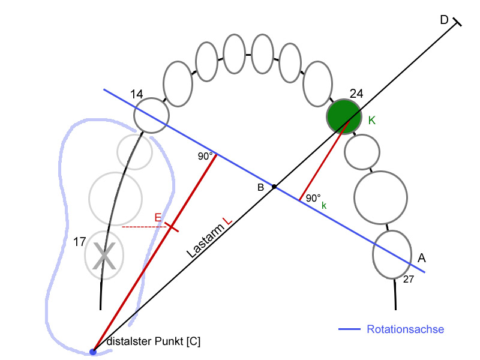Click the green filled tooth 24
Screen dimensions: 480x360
(x=344, y=116)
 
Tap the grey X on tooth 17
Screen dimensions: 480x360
(x=104, y=256)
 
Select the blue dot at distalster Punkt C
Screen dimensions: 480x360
(x=93, y=352)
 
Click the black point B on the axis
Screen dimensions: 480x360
(x=274, y=187)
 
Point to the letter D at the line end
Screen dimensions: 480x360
(x=444, y=20)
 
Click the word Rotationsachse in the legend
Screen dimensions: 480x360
(x=406, y=329)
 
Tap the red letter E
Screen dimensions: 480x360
(x=158, y=218)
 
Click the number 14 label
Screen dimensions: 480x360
(x=137, y=94)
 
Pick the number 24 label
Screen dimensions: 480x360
(x=356, y=94)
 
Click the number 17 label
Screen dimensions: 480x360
(x=80, y=242)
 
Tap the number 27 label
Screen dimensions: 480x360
(x=409, y=279)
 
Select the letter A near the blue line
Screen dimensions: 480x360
(x=422, y=259)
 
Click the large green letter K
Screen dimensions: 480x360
(x=371, y=121)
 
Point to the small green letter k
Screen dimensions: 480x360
(x=324, y=205)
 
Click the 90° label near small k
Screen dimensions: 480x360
(x=313, y=198)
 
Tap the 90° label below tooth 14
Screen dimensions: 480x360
(x=205, y=156)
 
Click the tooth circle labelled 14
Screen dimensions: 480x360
(x=151, y=115)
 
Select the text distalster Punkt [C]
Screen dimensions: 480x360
(x=154, y=341)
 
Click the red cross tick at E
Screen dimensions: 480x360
(x=172, y=227)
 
